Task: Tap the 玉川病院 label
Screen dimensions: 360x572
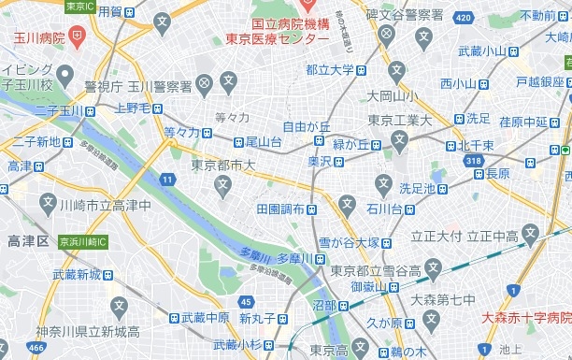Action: pos(39,38)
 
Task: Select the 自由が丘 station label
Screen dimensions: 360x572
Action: pos(307,126)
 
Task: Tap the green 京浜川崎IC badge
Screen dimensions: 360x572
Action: pos(83,240)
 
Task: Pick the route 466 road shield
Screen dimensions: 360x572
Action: pos(36,348)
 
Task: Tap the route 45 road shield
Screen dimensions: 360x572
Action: pos(245,301)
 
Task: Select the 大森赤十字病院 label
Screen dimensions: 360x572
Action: pos(527,319)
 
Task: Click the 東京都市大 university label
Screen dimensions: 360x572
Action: pos(223,166)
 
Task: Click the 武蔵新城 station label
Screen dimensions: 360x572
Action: pos(77,275)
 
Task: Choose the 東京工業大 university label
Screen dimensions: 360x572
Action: pos(399,120)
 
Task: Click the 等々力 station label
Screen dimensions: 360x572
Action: pos(182,133)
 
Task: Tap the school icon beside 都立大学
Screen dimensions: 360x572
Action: pos(397,69)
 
